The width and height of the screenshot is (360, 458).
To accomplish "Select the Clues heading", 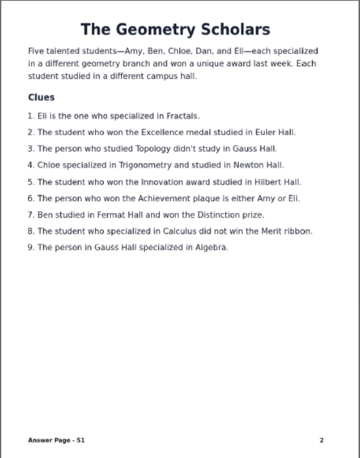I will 41,97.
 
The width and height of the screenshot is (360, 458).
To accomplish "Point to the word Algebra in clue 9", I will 211,247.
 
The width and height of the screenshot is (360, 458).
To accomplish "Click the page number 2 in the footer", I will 322,440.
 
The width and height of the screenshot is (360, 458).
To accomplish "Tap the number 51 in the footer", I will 80,440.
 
